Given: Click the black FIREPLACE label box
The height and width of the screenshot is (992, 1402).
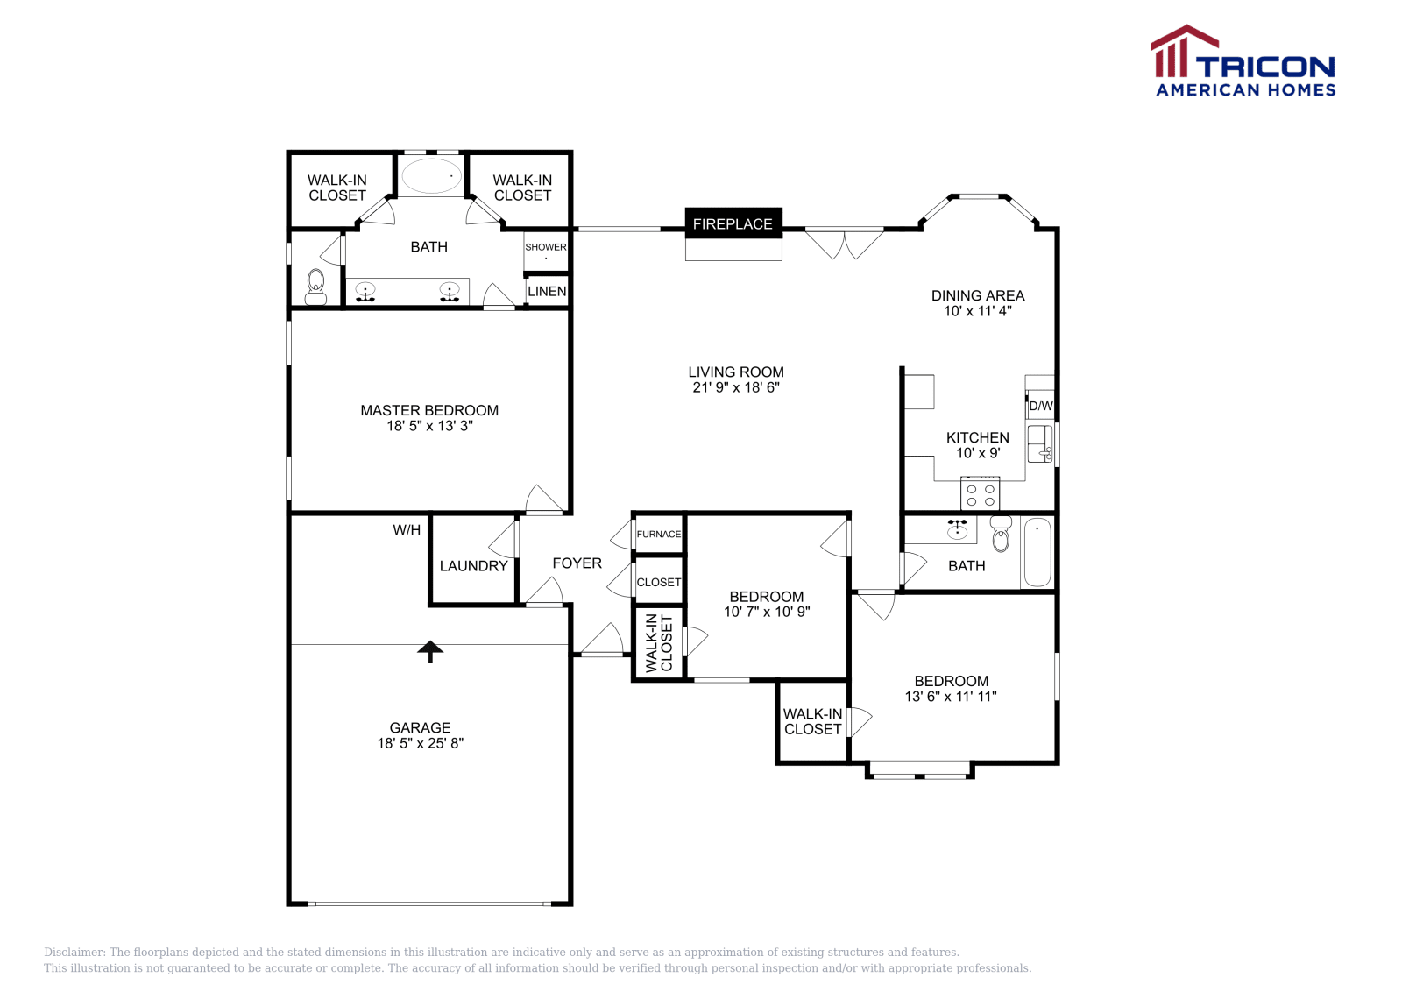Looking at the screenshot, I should coord(733,223).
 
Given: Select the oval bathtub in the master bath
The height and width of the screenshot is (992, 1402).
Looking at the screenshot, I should coord(431,175).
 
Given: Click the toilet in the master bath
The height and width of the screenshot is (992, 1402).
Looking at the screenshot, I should coord(315,287).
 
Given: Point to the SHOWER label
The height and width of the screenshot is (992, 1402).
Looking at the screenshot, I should coord(546,247).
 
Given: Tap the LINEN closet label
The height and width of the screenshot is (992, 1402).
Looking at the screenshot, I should coord(547,291).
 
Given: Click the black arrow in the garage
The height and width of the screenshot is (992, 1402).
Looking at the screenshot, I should coord(429,650).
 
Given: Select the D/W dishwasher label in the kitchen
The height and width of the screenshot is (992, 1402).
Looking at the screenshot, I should coord(1040,406).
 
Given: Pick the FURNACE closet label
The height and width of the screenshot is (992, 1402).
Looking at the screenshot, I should coord(658,534).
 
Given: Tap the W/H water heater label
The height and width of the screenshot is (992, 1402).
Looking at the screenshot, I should coord(407,529).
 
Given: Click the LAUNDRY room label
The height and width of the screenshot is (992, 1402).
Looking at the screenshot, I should coord(473,566).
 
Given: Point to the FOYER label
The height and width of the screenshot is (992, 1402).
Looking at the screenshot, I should coord(577,563).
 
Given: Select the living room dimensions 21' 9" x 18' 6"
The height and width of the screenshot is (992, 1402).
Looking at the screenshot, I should coord(735,387).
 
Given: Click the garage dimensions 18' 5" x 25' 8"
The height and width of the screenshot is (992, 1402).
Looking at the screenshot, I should coord(420,743).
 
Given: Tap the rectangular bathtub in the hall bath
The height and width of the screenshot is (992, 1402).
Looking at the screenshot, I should coord(1037,552).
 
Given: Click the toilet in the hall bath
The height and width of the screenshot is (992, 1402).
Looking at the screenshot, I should coord(1001,535).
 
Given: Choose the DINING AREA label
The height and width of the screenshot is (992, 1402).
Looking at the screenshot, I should coord(977,295).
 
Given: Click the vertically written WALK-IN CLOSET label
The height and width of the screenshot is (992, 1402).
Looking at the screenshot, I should coord(659,643).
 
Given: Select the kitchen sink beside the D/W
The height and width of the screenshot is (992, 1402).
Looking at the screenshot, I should coord(1039,443).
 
